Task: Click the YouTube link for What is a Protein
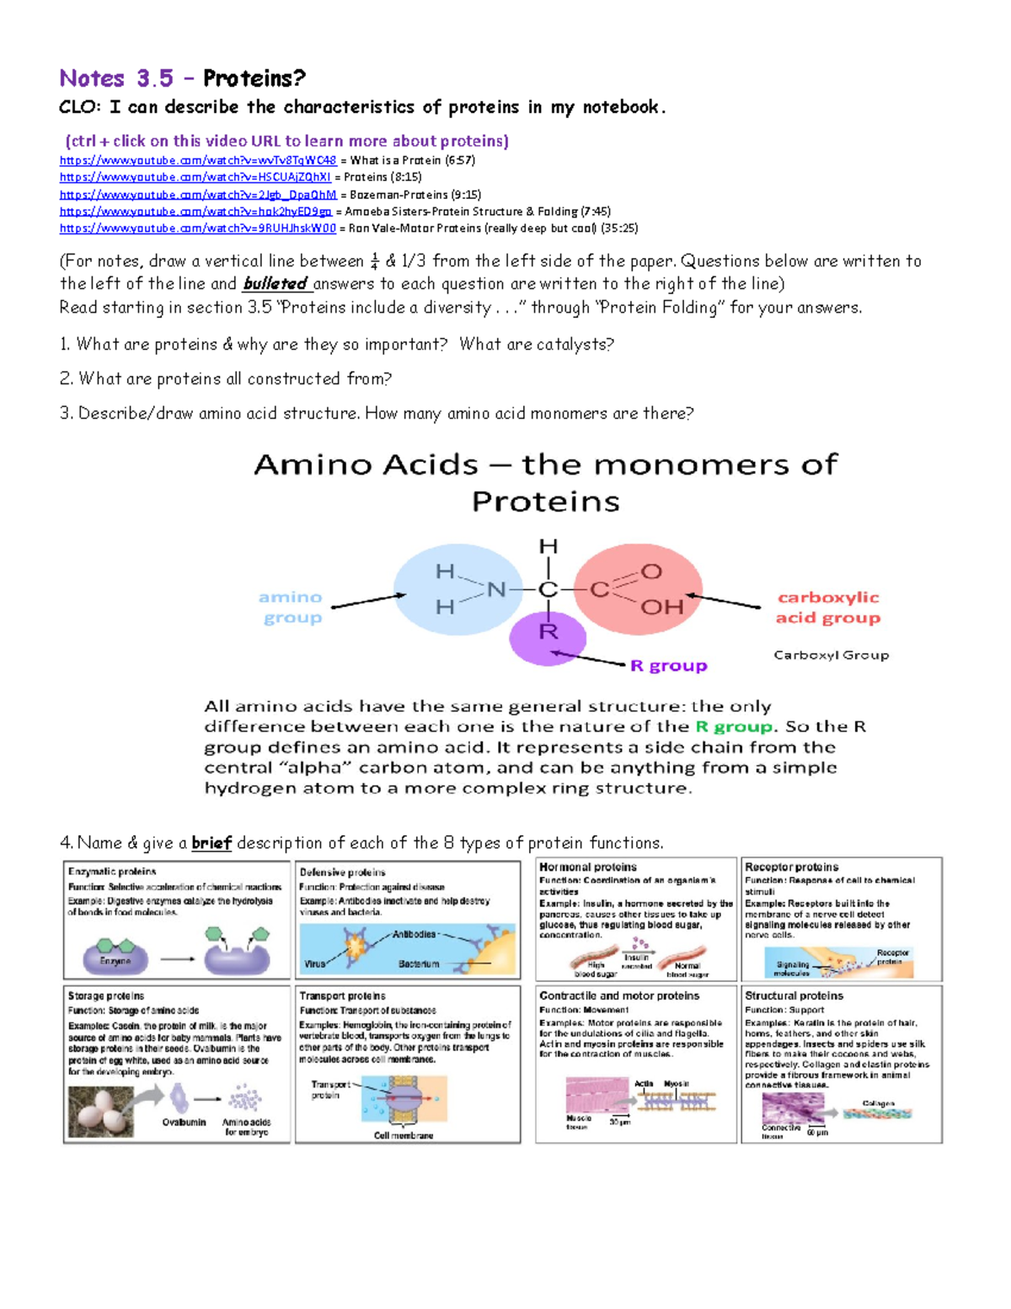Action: [198, 160]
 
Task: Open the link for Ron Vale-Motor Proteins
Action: [198, 228]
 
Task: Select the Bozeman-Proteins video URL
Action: [198, 195]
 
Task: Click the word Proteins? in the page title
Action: [254, 78]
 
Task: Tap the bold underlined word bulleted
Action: [275, 284]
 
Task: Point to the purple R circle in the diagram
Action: [548, 637]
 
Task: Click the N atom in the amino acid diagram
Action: [496, 590]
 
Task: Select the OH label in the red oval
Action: [661, 607]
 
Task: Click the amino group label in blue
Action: [291, 607]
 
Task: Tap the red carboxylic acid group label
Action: [827, 607]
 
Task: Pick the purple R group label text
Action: [669, 666]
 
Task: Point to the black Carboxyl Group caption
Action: [831, 655]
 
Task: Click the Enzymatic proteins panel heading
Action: [112, 872]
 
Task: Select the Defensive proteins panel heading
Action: [343, 872]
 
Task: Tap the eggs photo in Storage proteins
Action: [100, 1111]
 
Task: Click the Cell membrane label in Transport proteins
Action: [404, 1135]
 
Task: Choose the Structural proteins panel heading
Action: [794, 995]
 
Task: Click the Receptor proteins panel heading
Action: [791, 866]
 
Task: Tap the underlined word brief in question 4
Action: [211, 843]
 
